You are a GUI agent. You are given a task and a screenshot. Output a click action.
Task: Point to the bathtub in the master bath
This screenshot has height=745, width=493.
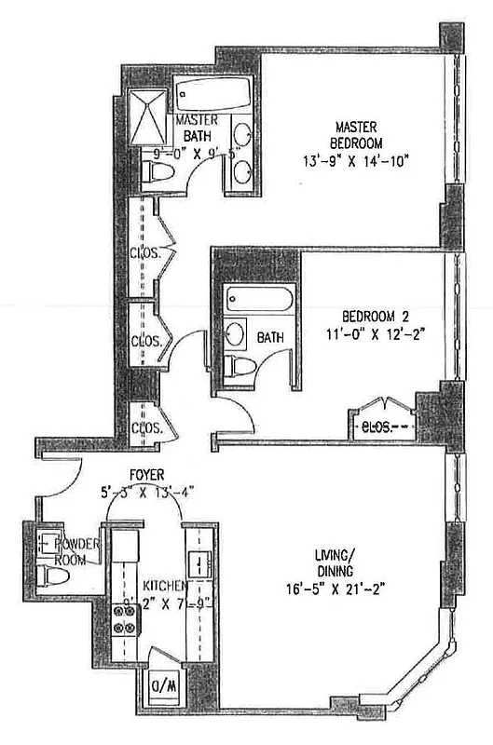[x=213, y=94]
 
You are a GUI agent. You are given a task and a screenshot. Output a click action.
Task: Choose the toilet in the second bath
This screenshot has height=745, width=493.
[x=242, y=364]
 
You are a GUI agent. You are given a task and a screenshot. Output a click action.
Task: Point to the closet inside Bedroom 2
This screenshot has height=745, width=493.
[x=382, y=427]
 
